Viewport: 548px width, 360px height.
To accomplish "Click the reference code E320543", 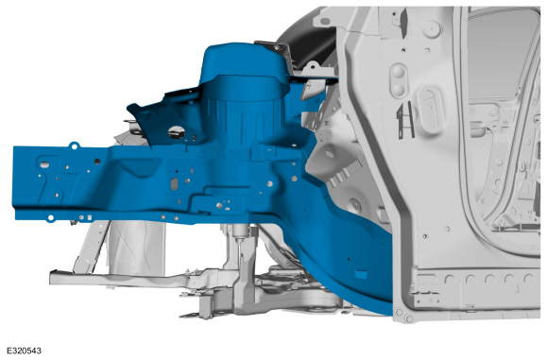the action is [24, 351].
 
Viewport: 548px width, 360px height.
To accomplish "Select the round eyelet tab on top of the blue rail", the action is [74, 146].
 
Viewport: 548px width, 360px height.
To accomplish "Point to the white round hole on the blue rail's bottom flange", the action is [51, 218].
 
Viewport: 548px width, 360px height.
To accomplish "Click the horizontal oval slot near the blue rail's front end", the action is [44, 164].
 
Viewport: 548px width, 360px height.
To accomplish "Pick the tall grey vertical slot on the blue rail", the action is [174, 183].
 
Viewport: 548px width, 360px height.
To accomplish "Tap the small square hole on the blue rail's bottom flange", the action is [89, 217].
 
